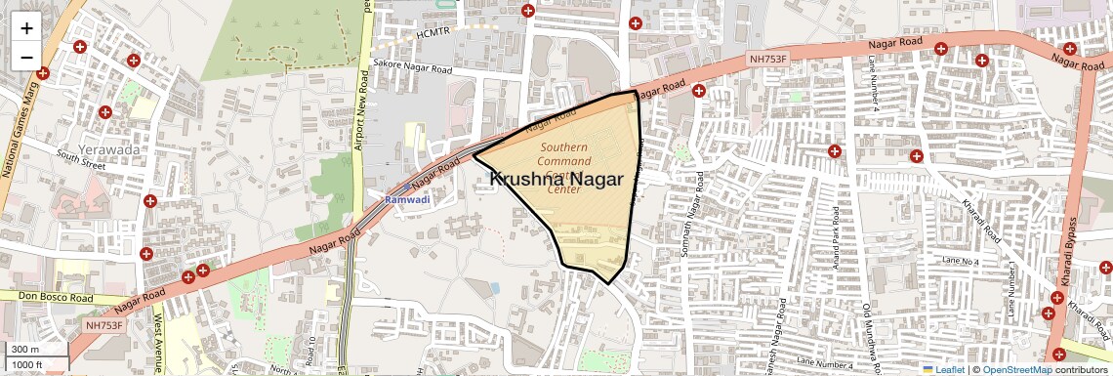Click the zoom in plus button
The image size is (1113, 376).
click(x=26, y=27)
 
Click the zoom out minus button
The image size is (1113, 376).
click(x=26, y=57)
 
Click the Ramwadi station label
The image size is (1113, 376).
click(x=407, y=199)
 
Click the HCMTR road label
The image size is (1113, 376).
click(x=434, y=32)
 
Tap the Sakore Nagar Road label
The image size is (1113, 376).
click(x=413, y=69)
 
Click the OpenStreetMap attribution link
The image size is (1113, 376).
click(x=1016, y=369)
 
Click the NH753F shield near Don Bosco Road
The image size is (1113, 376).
click(x=104, y=325)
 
